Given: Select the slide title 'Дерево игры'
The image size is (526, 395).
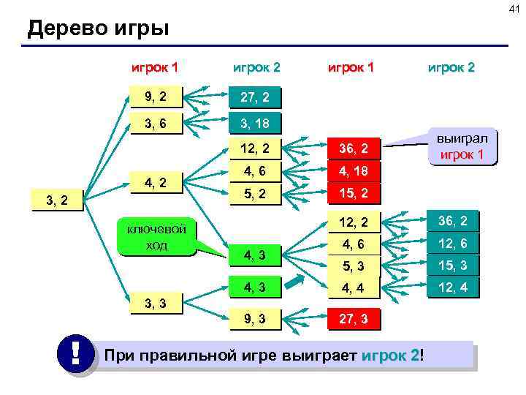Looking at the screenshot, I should [98, 29].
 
